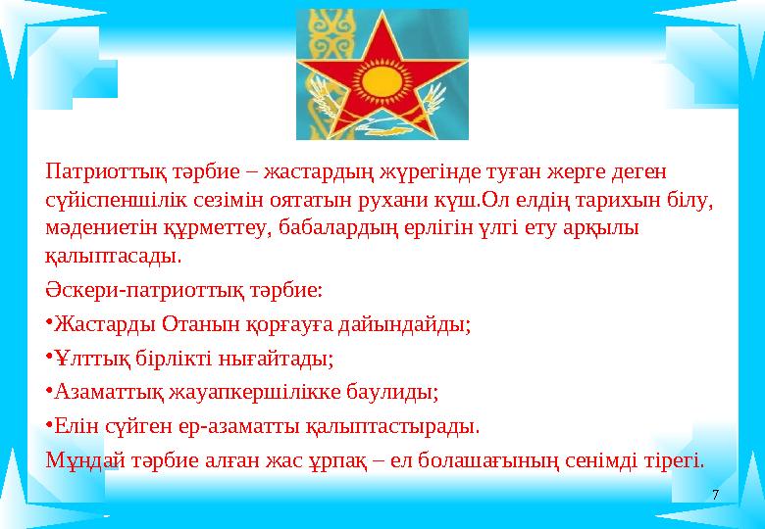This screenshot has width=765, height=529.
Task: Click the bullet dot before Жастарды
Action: pyautogui.click(x=49, y=322)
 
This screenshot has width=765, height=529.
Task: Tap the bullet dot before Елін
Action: pyautogui.click(x=49, y=427)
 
